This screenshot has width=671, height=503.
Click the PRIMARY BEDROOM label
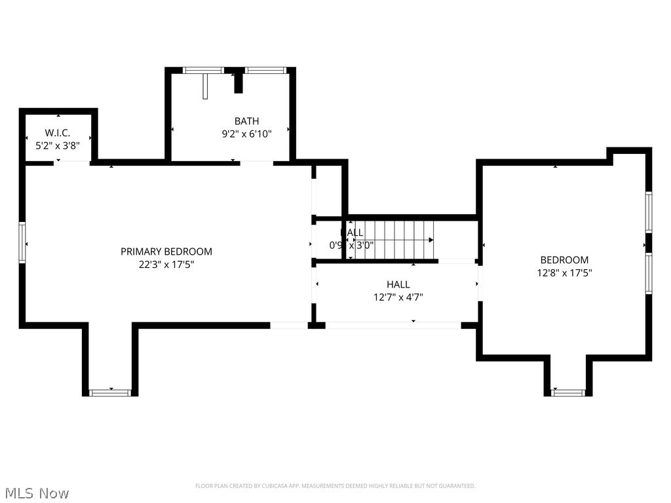(x=166, y=251)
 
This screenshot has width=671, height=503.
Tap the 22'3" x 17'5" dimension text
(x=166, y=265)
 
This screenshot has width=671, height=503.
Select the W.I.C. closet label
(x=58, y=133)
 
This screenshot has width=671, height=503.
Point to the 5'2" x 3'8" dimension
(x=58, y=145)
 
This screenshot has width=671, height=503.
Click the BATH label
(x=246, y=121)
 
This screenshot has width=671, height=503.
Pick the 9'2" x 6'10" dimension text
(x=246, y=134)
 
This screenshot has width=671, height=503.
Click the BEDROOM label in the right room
(x=564, y=260)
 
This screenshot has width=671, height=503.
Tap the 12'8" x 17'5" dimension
(x=564, y=273)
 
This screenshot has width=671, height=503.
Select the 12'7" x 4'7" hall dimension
(x=398, y=297)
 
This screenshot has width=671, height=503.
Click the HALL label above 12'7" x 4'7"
(x=398, y=284)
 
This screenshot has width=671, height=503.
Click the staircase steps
(x=396, y=240)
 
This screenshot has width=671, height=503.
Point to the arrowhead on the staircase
(x=431, y=240)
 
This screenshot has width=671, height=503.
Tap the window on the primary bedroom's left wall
(x=22, y=243)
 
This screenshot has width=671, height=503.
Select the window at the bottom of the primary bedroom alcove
(x=110, y=393)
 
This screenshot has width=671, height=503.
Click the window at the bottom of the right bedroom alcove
(x=568, y=393)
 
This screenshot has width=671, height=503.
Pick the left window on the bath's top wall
(x=202, y=70)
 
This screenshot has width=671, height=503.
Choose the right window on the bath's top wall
(x=265, y=70)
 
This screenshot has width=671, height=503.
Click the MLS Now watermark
(x=37, y=493)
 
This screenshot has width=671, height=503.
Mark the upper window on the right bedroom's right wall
(x=648, y=212)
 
